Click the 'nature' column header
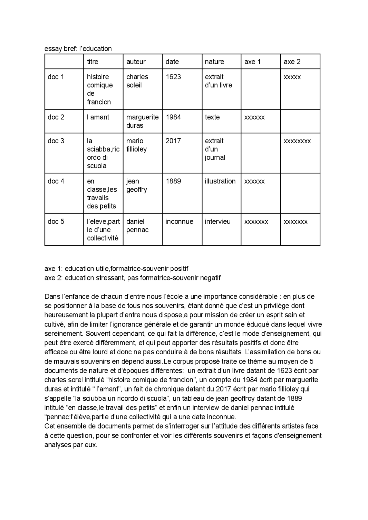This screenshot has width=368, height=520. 214,62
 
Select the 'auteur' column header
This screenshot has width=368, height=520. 136,62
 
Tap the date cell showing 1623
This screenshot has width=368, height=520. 173,77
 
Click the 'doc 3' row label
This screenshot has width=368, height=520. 56,141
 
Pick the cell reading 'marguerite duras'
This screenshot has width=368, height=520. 142,121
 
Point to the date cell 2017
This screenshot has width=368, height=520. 173,141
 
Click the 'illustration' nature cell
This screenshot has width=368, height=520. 220,181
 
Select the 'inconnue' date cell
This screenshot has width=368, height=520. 179,221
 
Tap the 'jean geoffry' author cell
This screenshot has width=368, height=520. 137,185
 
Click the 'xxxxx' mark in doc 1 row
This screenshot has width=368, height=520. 292,77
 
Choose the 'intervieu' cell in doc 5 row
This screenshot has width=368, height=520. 217,221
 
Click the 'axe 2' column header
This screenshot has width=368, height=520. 292,62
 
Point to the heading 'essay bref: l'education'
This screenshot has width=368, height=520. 78,49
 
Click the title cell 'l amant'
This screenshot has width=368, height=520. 98,117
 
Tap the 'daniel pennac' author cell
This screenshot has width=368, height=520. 137,225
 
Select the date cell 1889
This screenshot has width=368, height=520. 173,181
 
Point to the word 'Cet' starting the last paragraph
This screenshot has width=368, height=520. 49,426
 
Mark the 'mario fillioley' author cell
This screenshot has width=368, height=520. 136,145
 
